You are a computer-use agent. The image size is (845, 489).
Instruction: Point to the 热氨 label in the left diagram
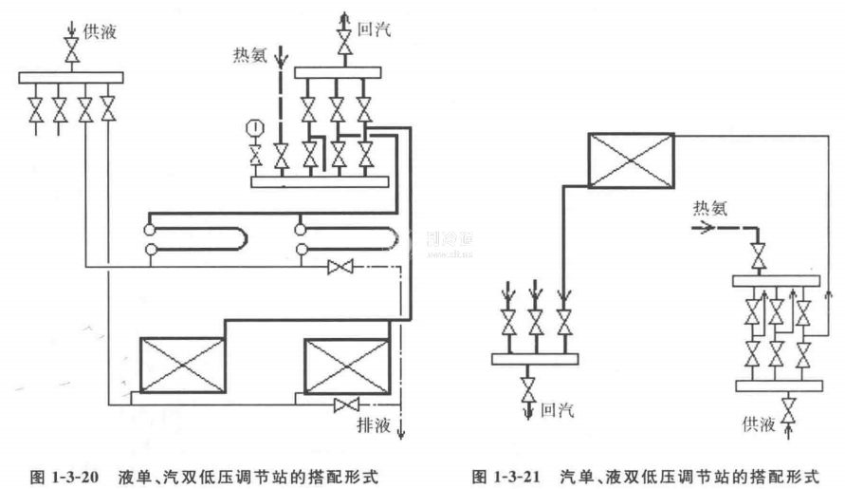pos(251,53)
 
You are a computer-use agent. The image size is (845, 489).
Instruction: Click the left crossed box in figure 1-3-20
pos(183,364)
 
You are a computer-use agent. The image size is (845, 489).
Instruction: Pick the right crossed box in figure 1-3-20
pos(346,364)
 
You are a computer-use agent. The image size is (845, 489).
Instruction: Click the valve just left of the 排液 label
pos(344,406)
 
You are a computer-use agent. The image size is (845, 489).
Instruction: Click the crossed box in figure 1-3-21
pos(631,160)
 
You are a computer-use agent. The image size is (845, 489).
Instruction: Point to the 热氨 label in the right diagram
pos(709,208)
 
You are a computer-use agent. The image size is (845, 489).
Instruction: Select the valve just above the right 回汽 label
pos(529,387)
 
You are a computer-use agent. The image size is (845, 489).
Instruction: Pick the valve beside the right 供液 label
pos(789,415)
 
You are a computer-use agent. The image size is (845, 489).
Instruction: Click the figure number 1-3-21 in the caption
pos(518,473)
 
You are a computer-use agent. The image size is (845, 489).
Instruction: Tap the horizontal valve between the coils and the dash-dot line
pos(339,268)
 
